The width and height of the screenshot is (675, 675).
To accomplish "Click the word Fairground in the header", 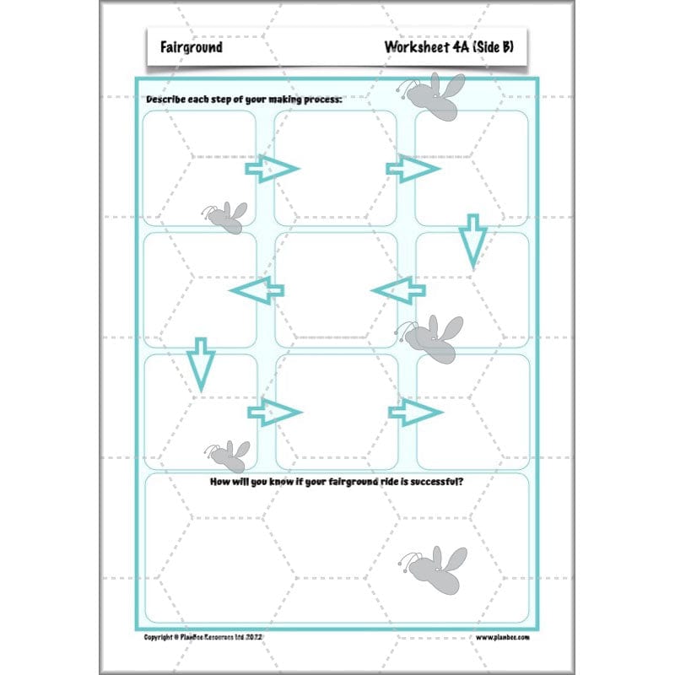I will point(192,47).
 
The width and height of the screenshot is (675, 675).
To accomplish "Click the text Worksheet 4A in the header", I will point(420,47).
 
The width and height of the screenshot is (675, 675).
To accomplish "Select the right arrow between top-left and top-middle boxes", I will point(272,169).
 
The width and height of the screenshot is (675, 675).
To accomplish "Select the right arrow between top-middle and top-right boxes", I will point(413,169).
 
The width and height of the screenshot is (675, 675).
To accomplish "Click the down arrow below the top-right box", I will point(472,240).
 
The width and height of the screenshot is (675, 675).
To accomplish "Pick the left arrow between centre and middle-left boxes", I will point(256,292).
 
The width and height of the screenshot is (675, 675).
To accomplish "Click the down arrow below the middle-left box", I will point(200,363).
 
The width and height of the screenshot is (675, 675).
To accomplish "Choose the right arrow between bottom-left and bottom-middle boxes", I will point(274,412).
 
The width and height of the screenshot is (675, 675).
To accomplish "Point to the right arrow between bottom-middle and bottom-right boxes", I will point(415,412).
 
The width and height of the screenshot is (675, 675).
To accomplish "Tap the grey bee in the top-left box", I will point(225,217).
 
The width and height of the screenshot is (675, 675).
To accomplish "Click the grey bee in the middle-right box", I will point(432,337).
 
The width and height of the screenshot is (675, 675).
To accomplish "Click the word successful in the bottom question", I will point(427,483).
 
